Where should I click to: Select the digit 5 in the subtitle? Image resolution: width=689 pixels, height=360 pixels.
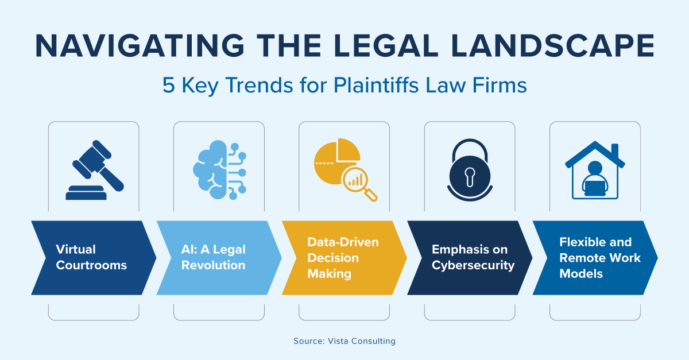click(x=168, y=86)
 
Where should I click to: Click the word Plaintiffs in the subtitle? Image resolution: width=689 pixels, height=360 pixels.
click(x=370, y=86)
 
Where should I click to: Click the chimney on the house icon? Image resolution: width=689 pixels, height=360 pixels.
click(x=615, y=152)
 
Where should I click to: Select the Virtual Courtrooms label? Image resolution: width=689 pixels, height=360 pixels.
click(x=91, y=257)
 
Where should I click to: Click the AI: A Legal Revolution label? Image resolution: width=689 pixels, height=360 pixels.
click(x=214, y=257)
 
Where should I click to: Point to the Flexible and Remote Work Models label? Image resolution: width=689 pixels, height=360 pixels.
click(x=595, y=257)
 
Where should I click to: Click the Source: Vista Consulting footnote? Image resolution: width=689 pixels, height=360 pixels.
click(x=344, y=341)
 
